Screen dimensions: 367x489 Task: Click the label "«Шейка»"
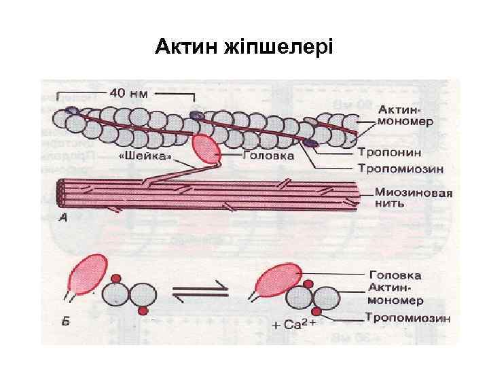pos(145,156)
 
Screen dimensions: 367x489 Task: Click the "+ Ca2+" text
pos(295,325)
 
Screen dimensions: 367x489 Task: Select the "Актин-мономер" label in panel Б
pos(396,294)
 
